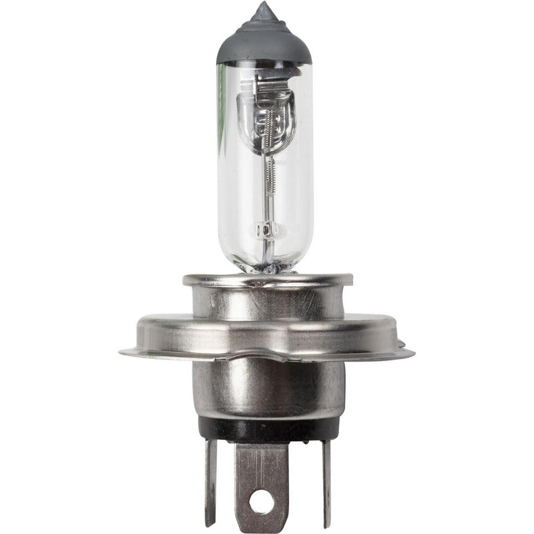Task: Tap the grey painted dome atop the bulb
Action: point(264,43)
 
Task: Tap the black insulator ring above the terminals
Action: point(267,429)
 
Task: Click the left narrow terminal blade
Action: point(211,481)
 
